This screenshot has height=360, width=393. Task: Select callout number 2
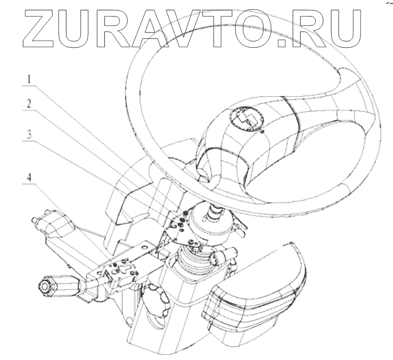tap(29, 103)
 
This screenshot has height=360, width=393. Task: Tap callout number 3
tap(29, 134)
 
